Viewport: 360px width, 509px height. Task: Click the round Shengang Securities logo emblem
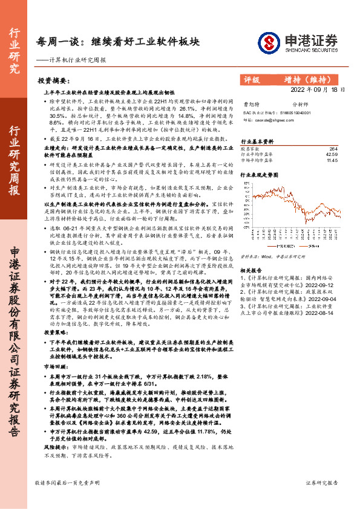(268, 42)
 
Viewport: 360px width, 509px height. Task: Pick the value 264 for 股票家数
(333, 149)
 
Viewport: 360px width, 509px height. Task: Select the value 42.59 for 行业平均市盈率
(332, 155)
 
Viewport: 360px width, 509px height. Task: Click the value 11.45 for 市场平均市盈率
(332, 161)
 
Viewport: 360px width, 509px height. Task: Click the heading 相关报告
(250, 271)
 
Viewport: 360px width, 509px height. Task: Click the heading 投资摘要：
(53, 80)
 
